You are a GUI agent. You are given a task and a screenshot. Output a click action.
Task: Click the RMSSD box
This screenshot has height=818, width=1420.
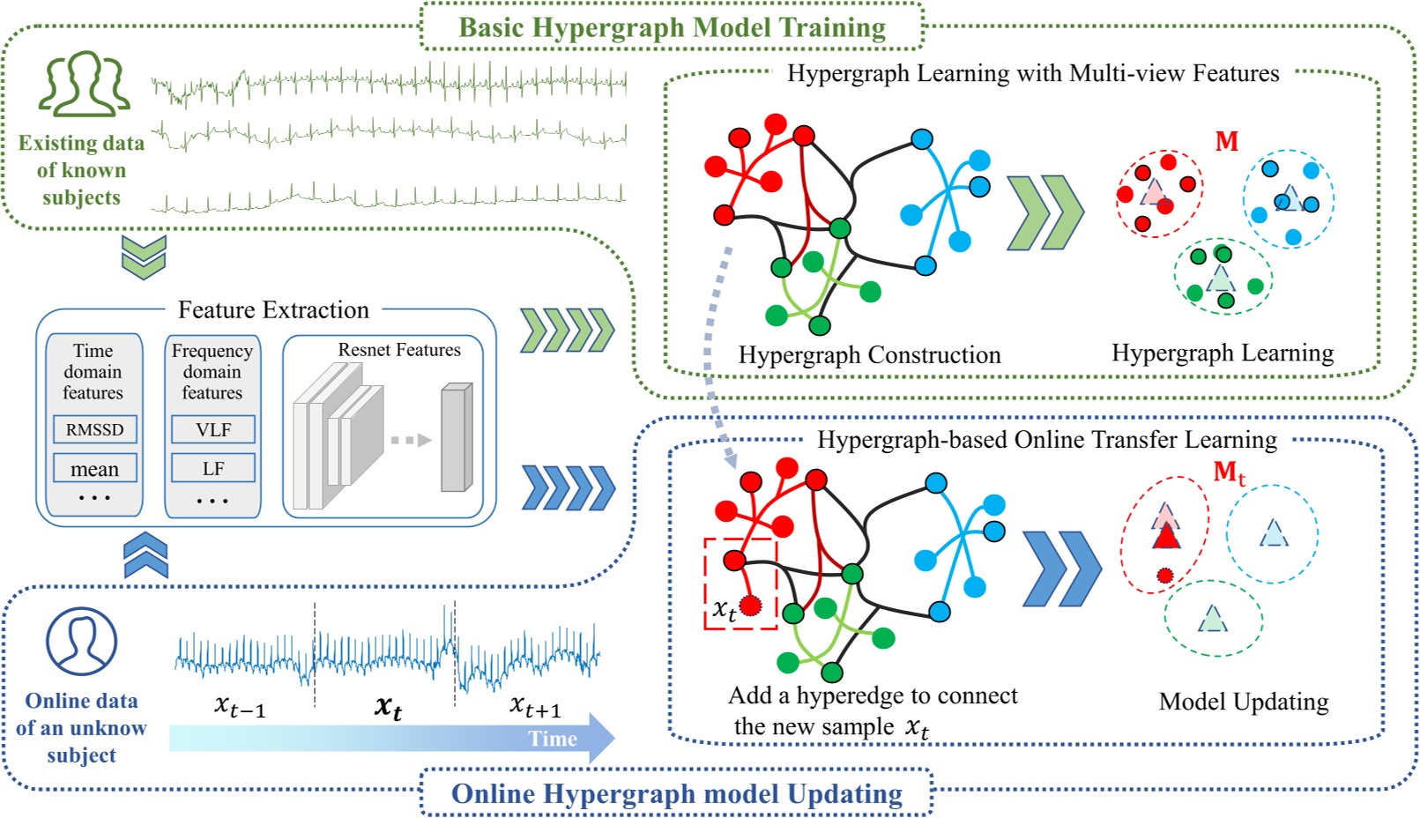point(94,429)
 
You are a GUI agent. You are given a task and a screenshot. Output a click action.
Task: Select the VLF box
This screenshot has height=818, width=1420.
point(213,429)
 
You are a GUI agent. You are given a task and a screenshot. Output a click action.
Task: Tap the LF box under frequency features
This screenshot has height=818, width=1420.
point(213,468)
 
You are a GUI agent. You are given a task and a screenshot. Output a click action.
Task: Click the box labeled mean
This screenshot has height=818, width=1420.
point(94,469)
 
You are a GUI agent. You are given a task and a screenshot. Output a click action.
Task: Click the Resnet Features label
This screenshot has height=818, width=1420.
point(399,350)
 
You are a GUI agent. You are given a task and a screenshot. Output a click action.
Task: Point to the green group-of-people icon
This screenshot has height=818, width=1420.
point(85,85)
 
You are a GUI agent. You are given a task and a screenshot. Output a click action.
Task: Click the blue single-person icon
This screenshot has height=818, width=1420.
point(81,641)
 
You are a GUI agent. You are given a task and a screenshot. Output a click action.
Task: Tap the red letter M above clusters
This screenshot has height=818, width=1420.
point(1227,141)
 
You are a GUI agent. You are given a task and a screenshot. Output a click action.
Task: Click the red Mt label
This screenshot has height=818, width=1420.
point(1230,473)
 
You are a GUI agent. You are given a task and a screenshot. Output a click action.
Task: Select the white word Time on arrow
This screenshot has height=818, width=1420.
point(553,739)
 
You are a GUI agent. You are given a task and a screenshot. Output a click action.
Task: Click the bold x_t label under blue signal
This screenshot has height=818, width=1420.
point(388,707)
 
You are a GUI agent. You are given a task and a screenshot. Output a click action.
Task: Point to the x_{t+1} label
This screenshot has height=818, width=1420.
point(535,706)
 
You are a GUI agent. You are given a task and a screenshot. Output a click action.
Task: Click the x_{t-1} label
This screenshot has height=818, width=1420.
point(240,706)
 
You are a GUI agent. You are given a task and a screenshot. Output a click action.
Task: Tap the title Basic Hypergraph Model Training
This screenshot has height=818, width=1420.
point(672,27)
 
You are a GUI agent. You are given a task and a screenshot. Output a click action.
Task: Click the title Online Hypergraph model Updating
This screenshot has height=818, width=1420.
point(676,793)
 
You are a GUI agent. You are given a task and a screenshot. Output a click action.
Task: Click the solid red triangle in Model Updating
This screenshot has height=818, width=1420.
point(1166,535)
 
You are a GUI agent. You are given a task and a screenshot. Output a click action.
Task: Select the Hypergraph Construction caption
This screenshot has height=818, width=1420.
point(869,354)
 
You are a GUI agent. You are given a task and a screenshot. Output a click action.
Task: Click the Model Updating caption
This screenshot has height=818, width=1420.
point(1243,702)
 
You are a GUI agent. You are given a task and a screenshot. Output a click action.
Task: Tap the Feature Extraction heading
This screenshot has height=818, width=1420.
point(273,309)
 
